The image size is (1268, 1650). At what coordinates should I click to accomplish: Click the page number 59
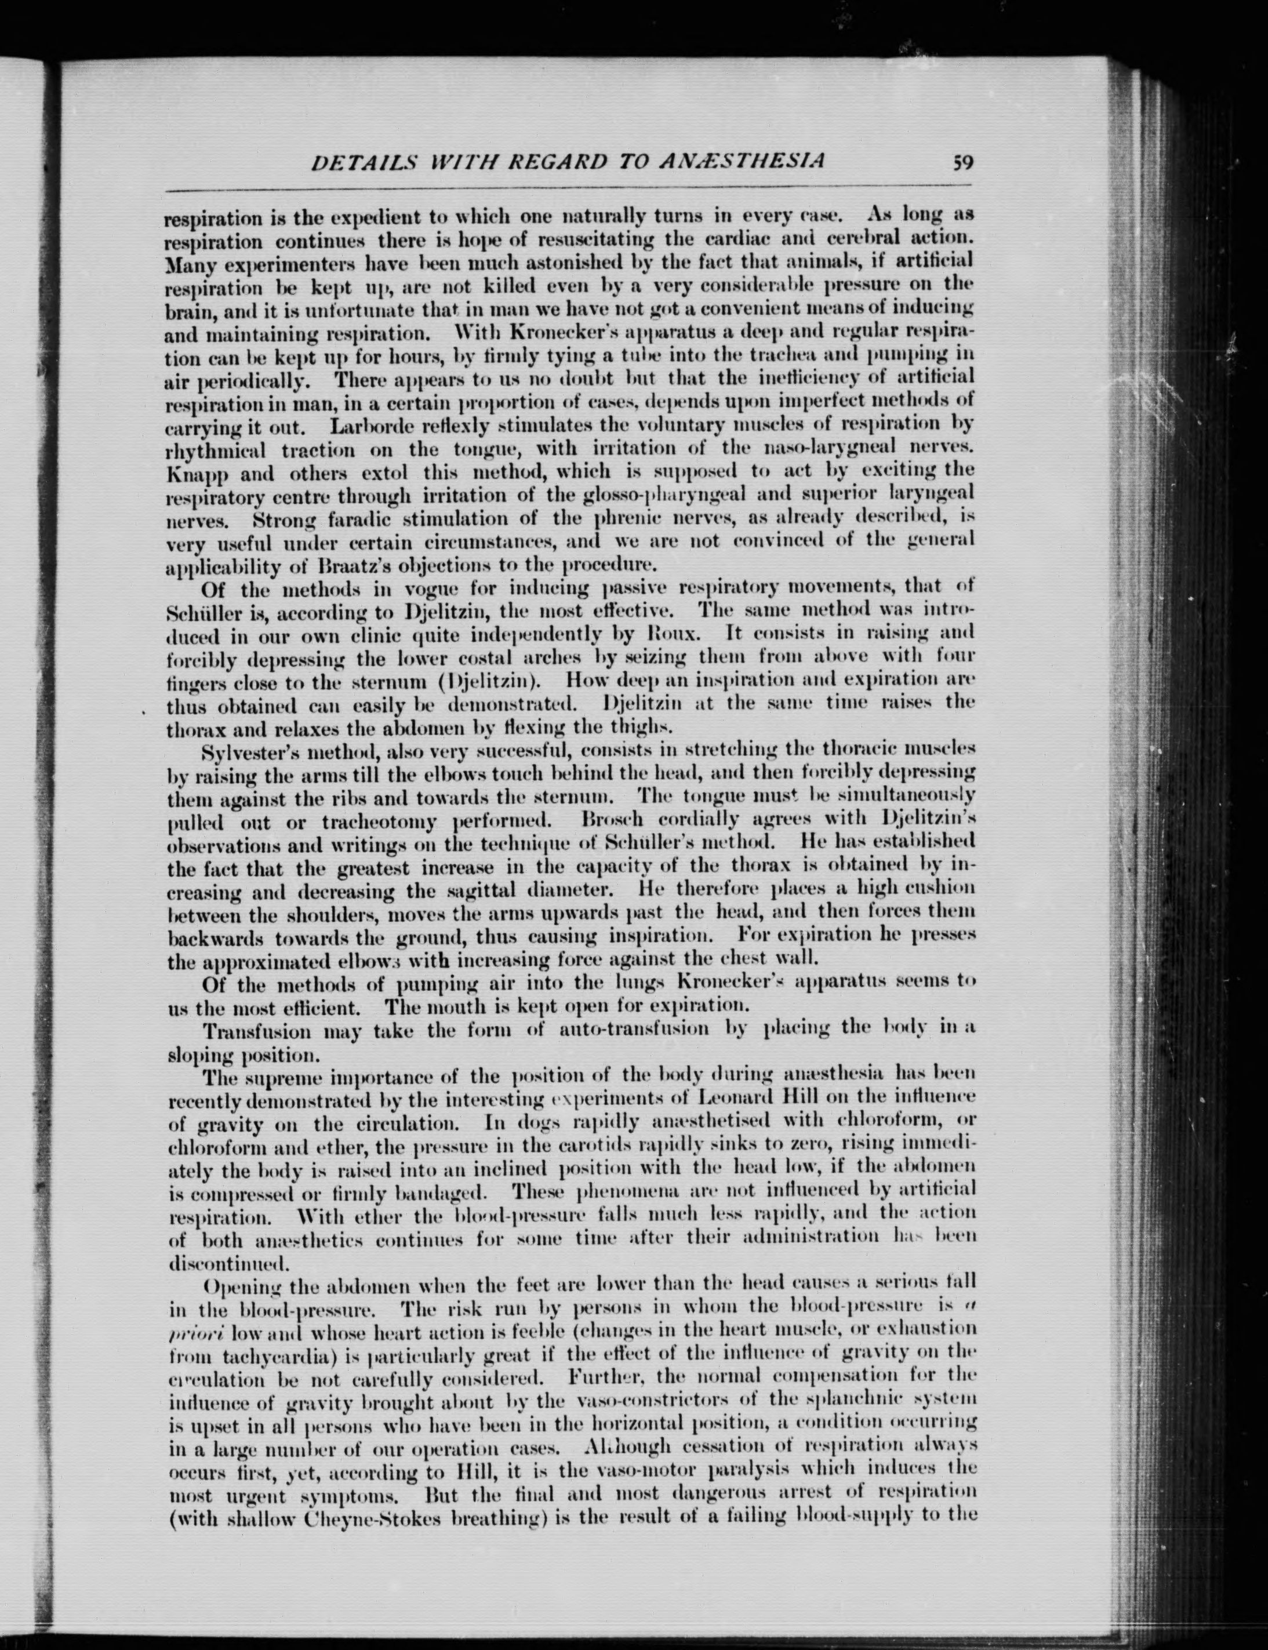tap(963, 162)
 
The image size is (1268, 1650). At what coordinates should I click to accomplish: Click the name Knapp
tap(191, 473)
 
